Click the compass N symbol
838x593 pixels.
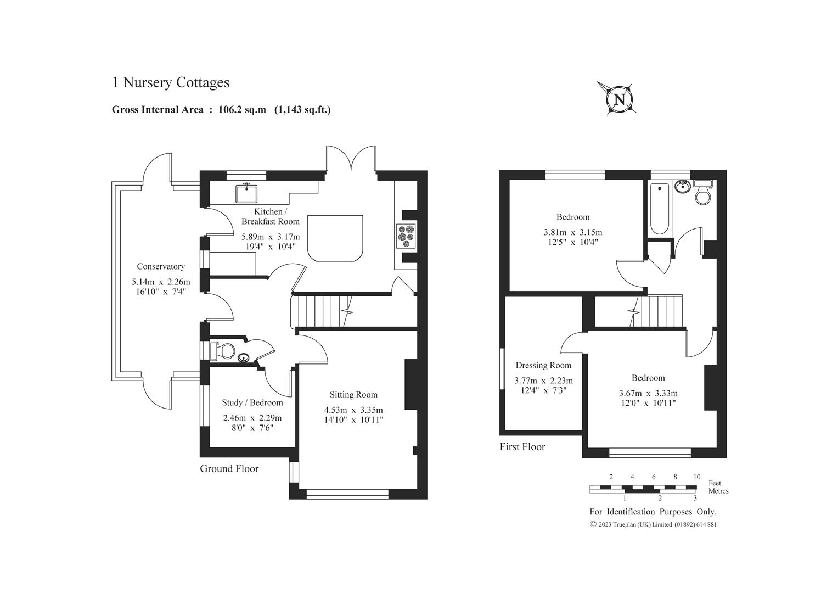click(x=620, y=99)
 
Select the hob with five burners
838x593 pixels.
click(x=406, y=236)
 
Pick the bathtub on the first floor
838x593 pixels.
click(x=659, y=209)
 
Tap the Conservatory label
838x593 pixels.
click(x=161, y=266)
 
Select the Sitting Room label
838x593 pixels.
click(x=353, y=395)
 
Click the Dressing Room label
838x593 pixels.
click(x=544, y=365)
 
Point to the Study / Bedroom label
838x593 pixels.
click(x=252, y=403)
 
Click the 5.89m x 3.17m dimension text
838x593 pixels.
click(x=271, y=237)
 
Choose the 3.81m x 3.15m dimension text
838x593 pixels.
click(x=573, y=232)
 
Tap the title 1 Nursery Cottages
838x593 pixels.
click(x=171, y=82)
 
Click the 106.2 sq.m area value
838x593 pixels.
click(x=242, y=110)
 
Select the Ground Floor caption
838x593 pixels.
click(x=229, y=469)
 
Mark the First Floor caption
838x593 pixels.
click(x=522, y=447)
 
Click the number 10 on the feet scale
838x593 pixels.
click(x=696, y=477)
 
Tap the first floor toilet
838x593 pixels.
click(x=703, y=192)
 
